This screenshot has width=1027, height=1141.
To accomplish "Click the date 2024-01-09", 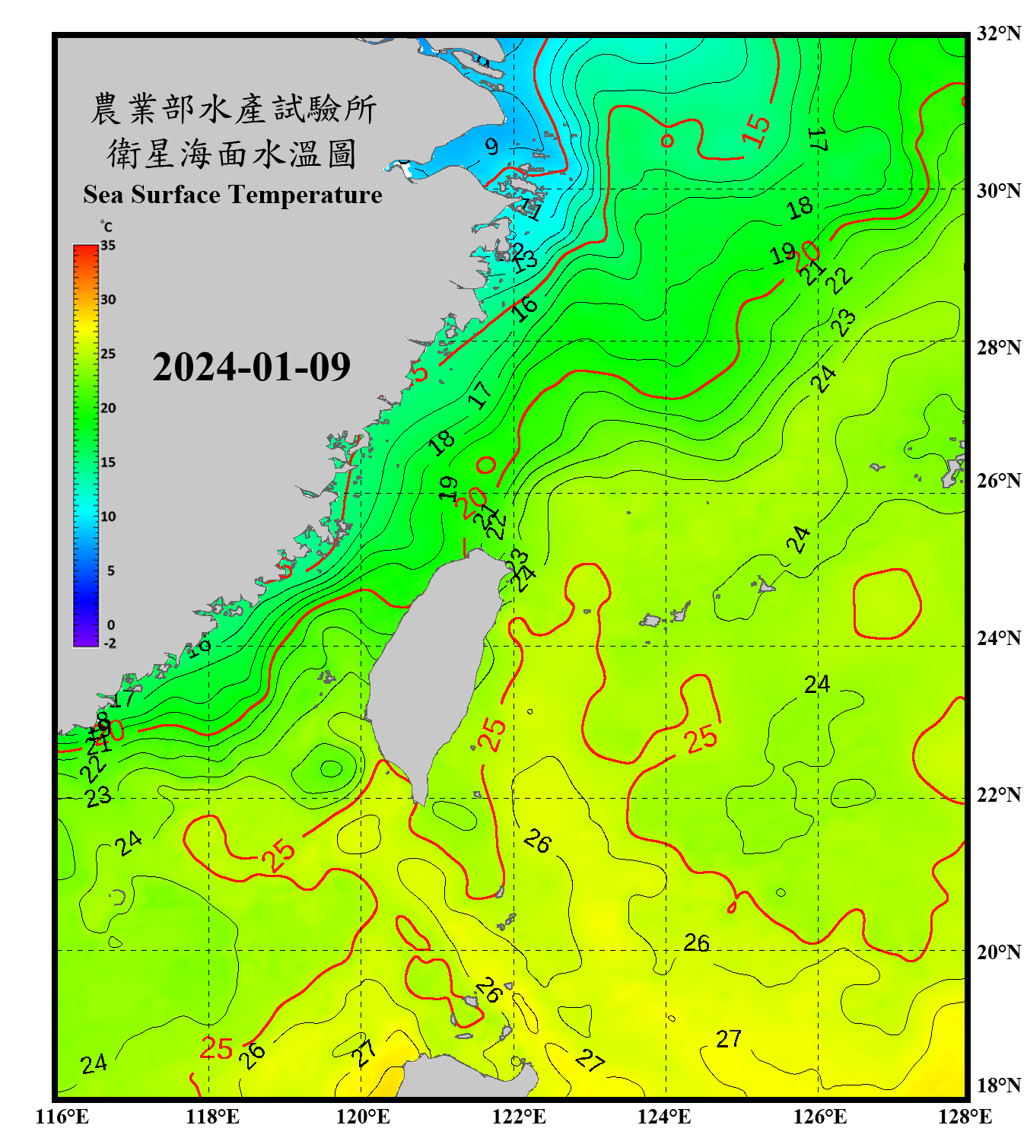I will pyautogui.click(x=251, y=367).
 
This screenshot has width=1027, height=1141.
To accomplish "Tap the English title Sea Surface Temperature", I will pyautogui.click(x=233, y=195).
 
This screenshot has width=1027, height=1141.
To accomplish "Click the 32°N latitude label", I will pyautogui.click(x=998, y=33).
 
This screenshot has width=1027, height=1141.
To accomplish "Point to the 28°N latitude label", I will pyautogui.click(x=998, y=348).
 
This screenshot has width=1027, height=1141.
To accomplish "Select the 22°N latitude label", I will pyautogui.click(x=998, y=795).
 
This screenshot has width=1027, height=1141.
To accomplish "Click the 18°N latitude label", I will pyautogui.click(x=998, y=1085).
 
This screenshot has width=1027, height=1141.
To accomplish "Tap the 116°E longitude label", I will pyautogui.click(x=62, y=1117).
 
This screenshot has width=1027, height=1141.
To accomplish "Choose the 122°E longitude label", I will pyautogui.click(x=519, y=1117).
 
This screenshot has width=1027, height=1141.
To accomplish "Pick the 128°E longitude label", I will pyautogui.click(x=965, y=1117).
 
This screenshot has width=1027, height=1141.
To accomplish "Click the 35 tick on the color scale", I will pyautogui.click(x=108, y=246).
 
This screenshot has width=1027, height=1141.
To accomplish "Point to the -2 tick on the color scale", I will pyautogui.click(x=110, y=644).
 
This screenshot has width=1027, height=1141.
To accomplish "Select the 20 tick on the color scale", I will pyautogui.click(x=108, y=408).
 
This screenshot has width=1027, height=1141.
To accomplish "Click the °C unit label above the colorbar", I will pyautogui.click(x=107, y=227).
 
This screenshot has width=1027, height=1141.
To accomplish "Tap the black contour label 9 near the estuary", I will pyautogui.click(x=492, y=146).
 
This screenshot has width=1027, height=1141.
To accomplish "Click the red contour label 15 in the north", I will pyautogui.click(x=756, y=130).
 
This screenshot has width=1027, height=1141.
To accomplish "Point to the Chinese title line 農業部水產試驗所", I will pyautogui.click(x=233, y=109).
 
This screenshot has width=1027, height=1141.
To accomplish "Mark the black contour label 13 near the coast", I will pyautogui.click(x=525, y=261).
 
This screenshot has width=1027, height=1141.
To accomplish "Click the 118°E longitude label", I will pyautogui.click(x=212, y=1117).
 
